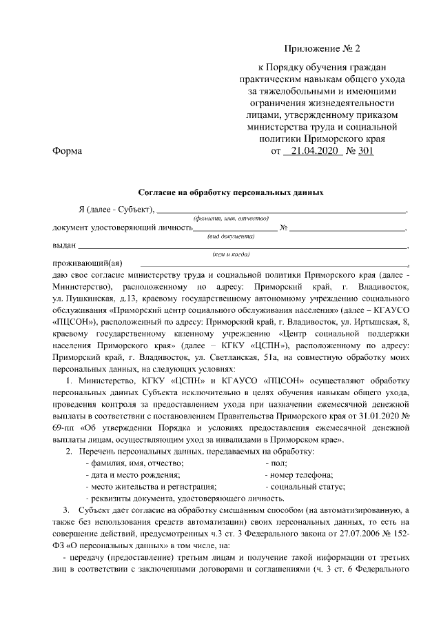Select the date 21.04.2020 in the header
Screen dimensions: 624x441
pos(313,150)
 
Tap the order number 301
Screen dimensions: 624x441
pos(365,150)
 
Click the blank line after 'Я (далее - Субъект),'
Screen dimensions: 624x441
pos(283,210)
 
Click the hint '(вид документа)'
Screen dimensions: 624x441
pos(231,236)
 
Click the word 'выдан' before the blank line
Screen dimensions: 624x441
pos(64,245)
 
